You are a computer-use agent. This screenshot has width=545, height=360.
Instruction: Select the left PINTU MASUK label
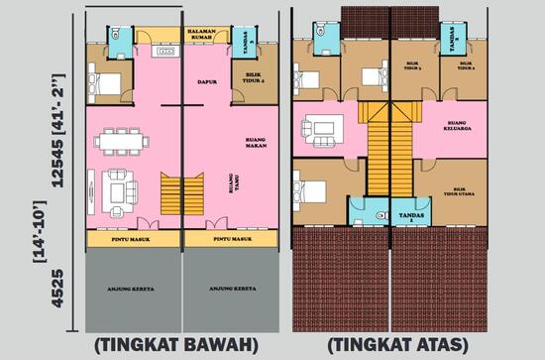click(x=133, y=239)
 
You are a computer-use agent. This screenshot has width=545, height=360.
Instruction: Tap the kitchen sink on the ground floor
click(x=163, y=49)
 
